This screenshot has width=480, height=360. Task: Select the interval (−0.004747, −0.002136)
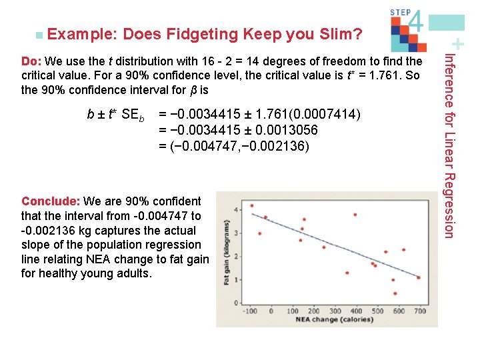(x=234, y=145)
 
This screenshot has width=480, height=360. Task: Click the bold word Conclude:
(x=51, y=201)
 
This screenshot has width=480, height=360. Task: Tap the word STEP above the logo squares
(x=399, y=11)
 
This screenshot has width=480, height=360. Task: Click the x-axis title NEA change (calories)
(x=334, y=319)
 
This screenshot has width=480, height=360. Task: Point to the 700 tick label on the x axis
(x=419, y=311)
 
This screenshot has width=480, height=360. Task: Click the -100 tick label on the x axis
(x=250, y=311)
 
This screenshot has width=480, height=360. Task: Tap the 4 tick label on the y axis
(x=238, y=210)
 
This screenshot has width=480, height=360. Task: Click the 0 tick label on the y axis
(x=238, y=303)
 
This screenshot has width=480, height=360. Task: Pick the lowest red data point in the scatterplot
(x=395, y=293)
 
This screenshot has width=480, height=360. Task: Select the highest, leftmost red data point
(x=251, y=205)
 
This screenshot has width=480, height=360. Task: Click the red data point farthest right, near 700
(x=419, y=277)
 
